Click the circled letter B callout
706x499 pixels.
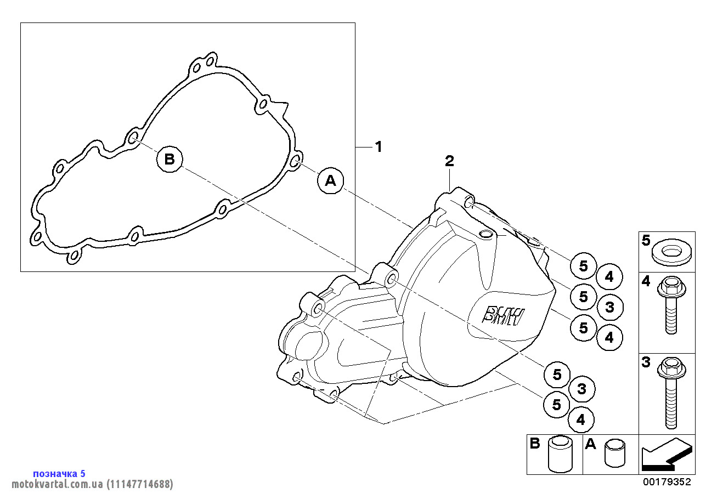[170, 159]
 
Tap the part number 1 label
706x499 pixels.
[378, 147]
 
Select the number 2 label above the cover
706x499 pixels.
[449, 161]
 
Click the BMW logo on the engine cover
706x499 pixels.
[503, 315]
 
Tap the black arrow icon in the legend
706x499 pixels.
[665, 455]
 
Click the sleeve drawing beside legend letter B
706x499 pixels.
[560, 455]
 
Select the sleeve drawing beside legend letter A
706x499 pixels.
[614, 453]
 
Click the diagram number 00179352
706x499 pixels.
[667, 482]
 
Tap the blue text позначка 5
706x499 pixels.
[59, 473]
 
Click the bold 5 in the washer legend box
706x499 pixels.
[646, 240]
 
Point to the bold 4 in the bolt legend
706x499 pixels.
[646, 281]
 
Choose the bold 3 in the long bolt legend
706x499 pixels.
[646, 362]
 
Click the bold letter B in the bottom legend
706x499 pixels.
[535, 444]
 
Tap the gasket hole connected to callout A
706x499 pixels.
[294, 161]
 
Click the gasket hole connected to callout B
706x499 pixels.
[132, 138]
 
